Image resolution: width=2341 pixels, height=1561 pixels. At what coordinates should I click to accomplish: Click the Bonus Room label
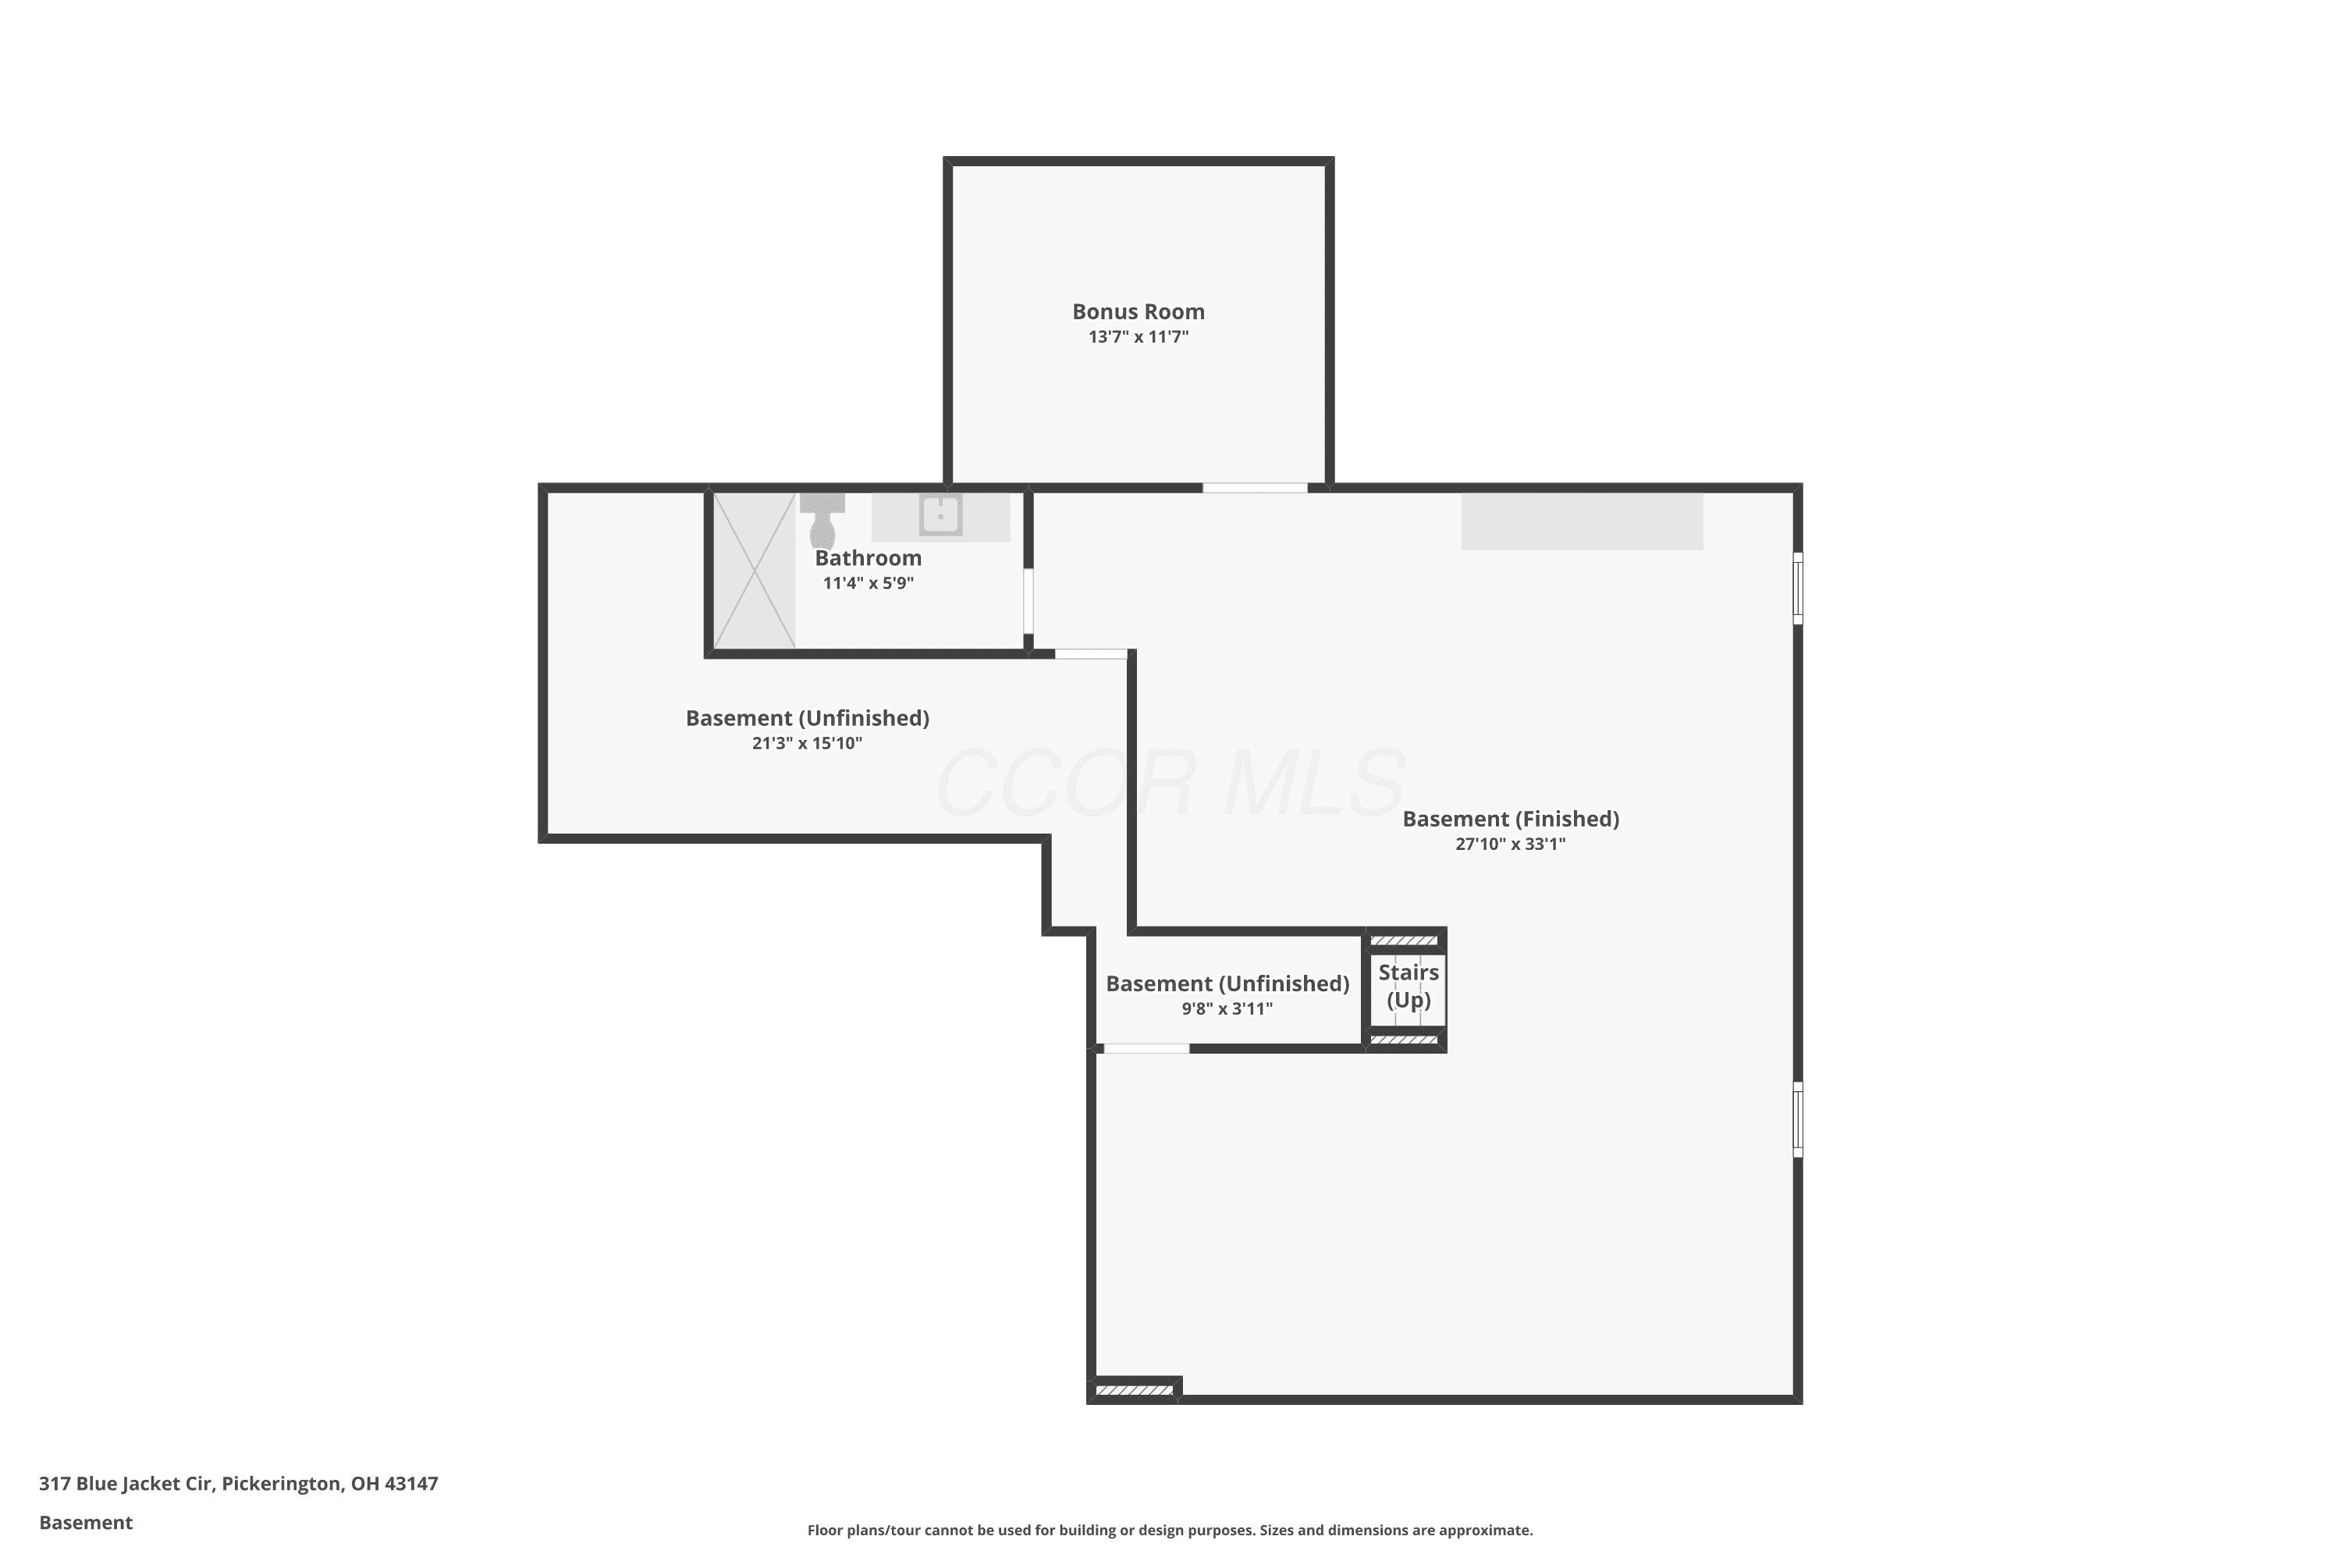point(1138,311)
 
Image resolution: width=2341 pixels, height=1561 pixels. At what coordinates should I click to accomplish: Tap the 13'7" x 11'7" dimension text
point(1138,336)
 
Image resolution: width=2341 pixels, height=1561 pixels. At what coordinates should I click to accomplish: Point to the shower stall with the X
point(755,571)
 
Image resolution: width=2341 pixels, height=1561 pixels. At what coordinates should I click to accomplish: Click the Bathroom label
point(868,557)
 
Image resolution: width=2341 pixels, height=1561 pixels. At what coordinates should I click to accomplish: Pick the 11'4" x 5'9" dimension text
point(868,583)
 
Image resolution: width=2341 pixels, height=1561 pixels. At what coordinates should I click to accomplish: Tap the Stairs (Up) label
point(1409,986)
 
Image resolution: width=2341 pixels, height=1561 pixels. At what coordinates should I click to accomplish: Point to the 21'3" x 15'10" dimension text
point(806,744)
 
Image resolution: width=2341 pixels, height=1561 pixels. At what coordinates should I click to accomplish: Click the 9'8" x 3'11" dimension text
point(1227,1008)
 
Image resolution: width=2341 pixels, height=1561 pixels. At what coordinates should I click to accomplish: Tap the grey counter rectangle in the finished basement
point(1582,521)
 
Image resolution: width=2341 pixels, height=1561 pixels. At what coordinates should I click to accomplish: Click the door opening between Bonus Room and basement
point(1254,488)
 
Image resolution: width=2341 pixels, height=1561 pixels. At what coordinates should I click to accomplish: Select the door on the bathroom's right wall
point(1028,601)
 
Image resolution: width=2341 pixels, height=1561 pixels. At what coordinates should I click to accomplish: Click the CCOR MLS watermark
point(1170,784)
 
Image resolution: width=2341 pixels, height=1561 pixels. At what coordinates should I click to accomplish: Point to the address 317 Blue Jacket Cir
point(126,1484)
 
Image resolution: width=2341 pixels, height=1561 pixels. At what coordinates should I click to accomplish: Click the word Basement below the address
point(86,1522)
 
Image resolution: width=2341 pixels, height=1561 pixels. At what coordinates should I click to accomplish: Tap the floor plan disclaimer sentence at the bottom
point(1170,1530)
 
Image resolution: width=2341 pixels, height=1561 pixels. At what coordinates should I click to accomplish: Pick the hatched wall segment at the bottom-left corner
point(1135,1390)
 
